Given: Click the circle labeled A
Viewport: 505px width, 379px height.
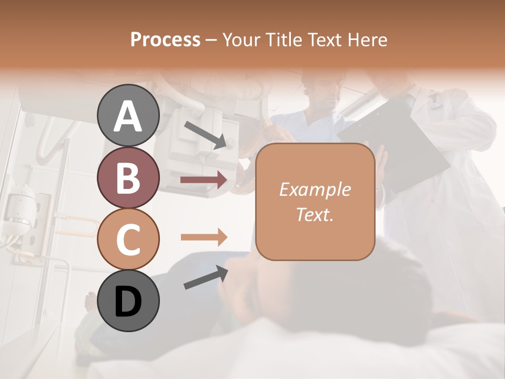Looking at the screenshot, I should coord(128,115).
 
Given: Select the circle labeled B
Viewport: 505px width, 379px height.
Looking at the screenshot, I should coord(128,177).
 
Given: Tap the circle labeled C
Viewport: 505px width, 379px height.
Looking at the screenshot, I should coord(128,239).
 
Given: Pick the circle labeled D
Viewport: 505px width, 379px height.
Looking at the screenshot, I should coord(128,301).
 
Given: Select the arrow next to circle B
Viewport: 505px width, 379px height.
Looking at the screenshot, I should coord(204,180).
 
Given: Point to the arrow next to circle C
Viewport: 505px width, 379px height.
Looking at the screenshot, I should coord(204,237).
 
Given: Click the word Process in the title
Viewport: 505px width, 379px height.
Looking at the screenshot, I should coord(165,40).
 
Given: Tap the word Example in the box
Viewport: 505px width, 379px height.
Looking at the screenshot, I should coord(315,189).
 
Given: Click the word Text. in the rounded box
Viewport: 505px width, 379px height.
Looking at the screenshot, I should coord(315,214).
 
